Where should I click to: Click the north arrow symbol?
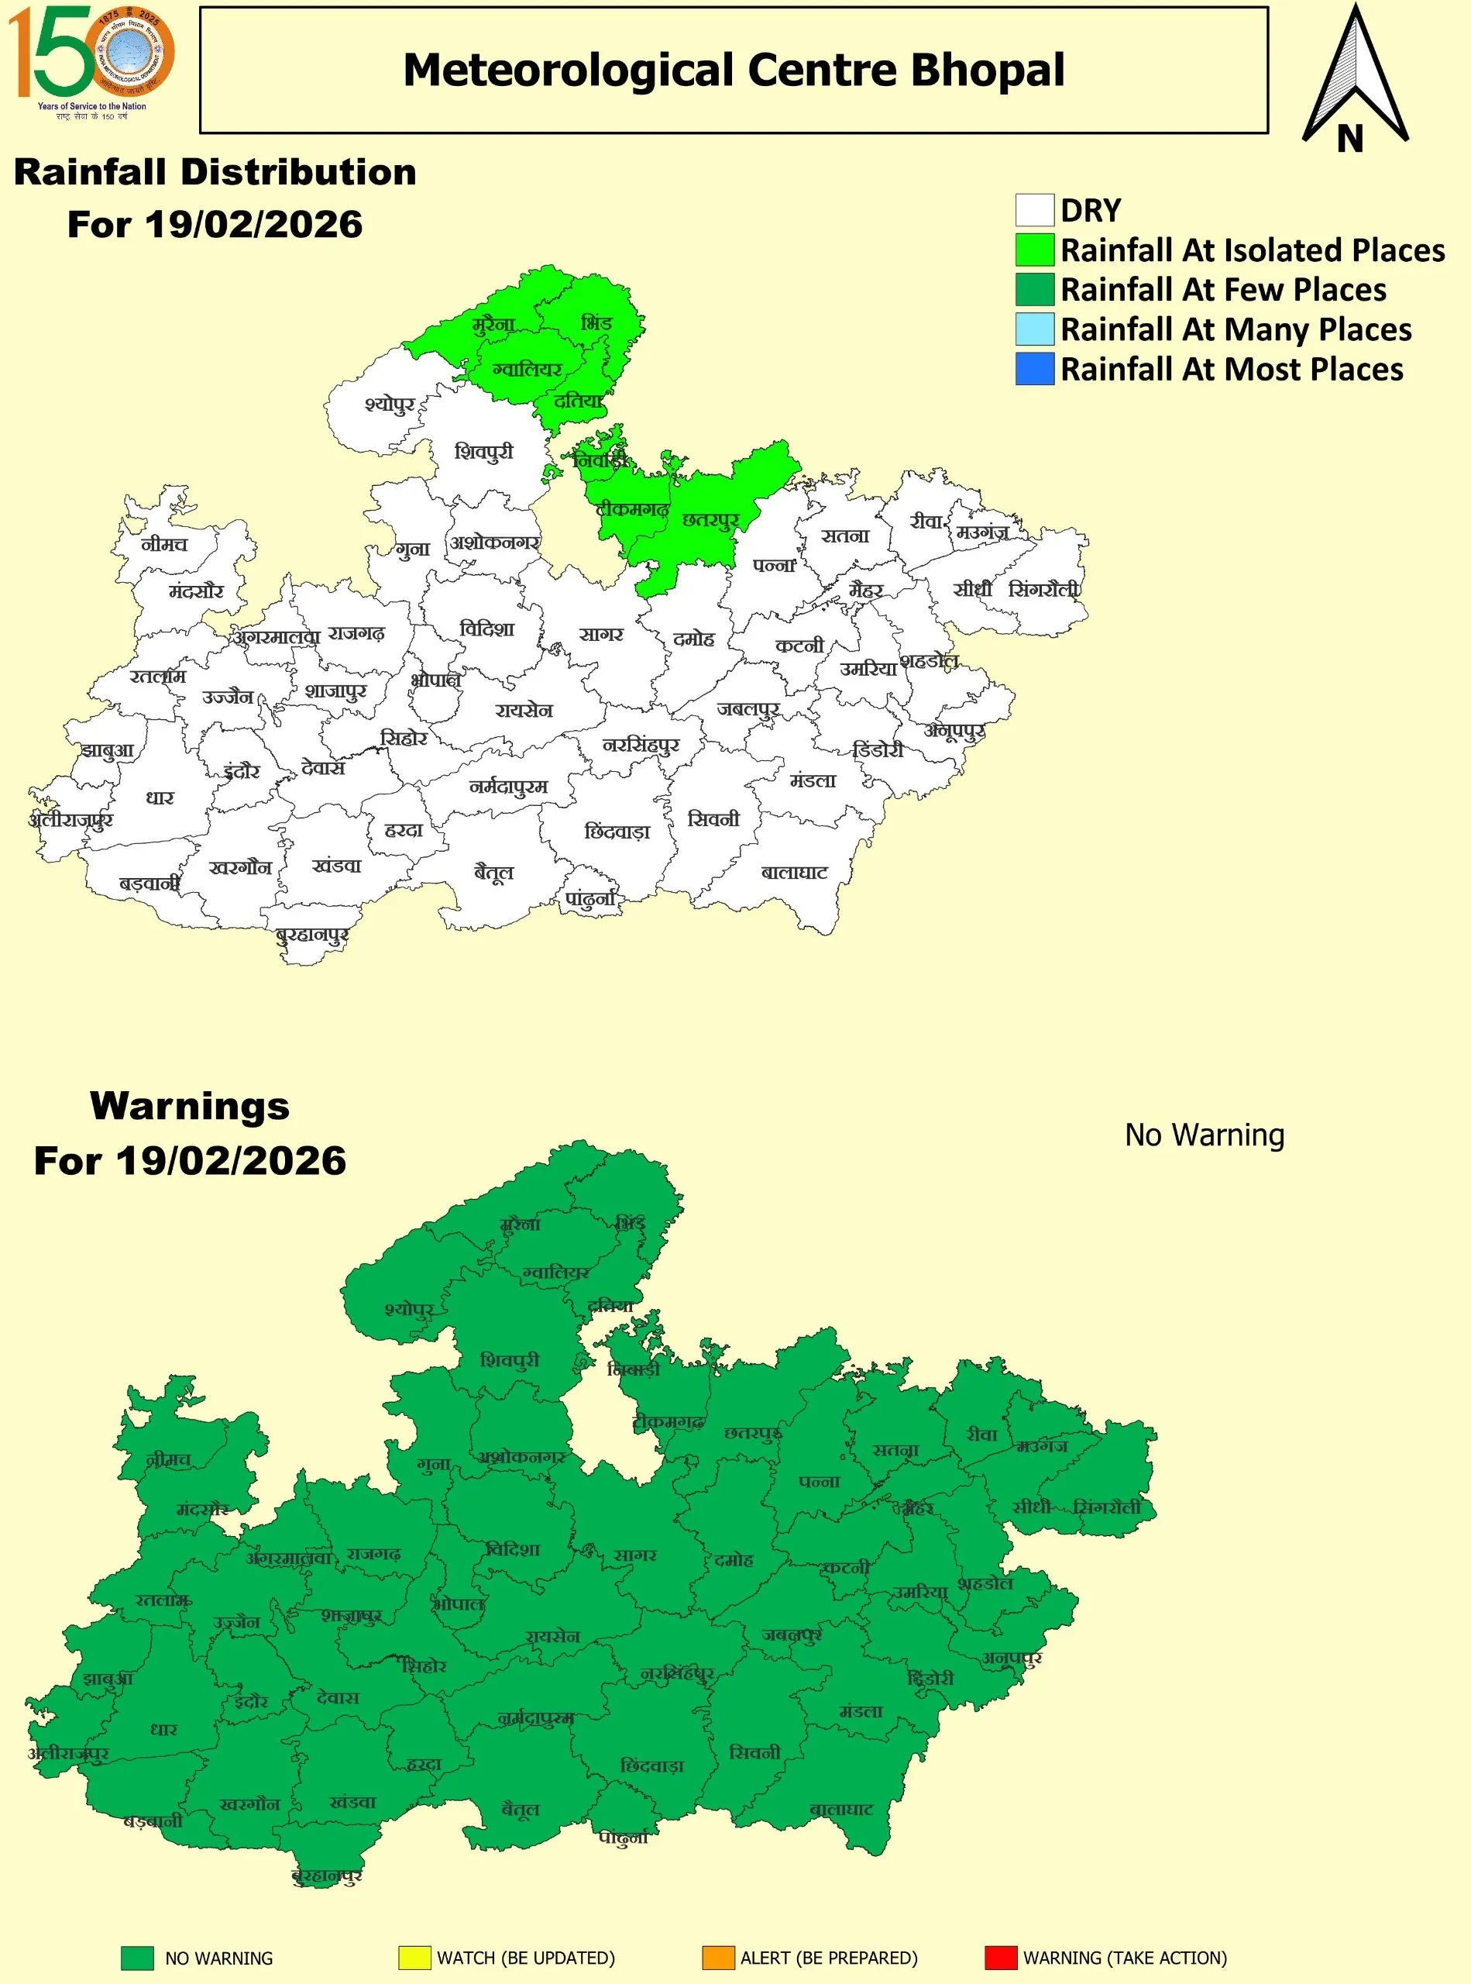pyautogui.click(x=1354, y=80)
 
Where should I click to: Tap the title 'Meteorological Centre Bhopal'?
pyautogui.click(x=734, y=71)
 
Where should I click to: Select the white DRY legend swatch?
pyautogui.click(x=1035, y=210)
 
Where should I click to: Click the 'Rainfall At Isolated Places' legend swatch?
pyautogui.click(x=1035, y=250)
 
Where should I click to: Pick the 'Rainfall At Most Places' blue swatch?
pyautogui.click(x=1035, y=369)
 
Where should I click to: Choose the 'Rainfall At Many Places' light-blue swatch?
pyautogui.click(x=1035, y=329)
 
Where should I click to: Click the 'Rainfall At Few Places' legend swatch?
pyautogui.click(x=1035, y=290)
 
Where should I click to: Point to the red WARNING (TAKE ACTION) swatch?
pyautogui.click(x=1001, y=1958)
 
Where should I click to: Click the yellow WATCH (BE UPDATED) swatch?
pyautogui.click(x=414, y=1958)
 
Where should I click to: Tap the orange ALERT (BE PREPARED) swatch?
pyautogui.click(x=718, y=1958)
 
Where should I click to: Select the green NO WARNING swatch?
pyautogui.click(x=137, y=1958)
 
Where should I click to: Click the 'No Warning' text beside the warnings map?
pyautogui.click(x=1204, y=1135)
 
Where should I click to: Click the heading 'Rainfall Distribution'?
pyautogui.click(x=215, y=172)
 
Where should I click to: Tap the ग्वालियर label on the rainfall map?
pyautogui.click(x=528, y=369)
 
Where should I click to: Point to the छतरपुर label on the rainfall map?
pyautogui.click(x=710, y=520)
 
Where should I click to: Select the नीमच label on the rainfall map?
pyautogui.click(x=165, y=543)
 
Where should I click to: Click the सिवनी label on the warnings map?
pyautogui.click(x=754, y=1752)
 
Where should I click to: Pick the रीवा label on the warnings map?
pyautogui.click(x=982, y=1435)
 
